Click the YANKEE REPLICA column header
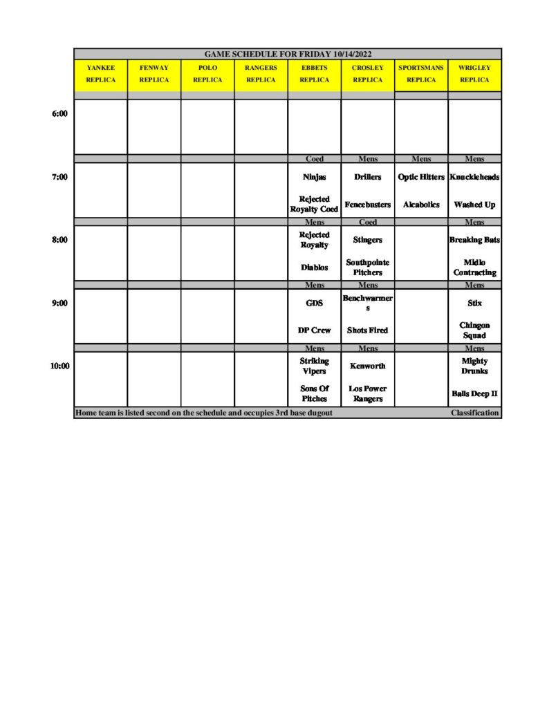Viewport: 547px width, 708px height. point(100,74)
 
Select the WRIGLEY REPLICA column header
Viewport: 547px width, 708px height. point(474,74)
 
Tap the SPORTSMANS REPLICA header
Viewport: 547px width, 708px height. point(421,74)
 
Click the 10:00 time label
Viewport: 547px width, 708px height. point(59,366)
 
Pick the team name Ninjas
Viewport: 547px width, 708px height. point(314,177)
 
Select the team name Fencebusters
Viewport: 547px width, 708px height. point(367,205)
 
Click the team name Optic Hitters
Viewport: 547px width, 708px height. point(421,177)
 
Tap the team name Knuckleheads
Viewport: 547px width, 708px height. point(474,177)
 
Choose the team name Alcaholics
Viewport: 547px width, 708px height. point(421,205)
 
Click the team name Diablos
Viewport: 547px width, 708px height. point(314,268)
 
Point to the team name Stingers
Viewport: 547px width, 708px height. point(367,240)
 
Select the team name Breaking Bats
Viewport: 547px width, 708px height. point(474,240)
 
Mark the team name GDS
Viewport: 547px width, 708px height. point(314,303)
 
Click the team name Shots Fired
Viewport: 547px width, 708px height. point(367,330)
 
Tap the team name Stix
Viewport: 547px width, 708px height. point(474,303)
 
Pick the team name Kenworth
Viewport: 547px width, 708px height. point(367,366)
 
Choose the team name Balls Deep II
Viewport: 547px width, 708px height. point(474,393)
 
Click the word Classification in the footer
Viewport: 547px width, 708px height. point(474,413)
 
